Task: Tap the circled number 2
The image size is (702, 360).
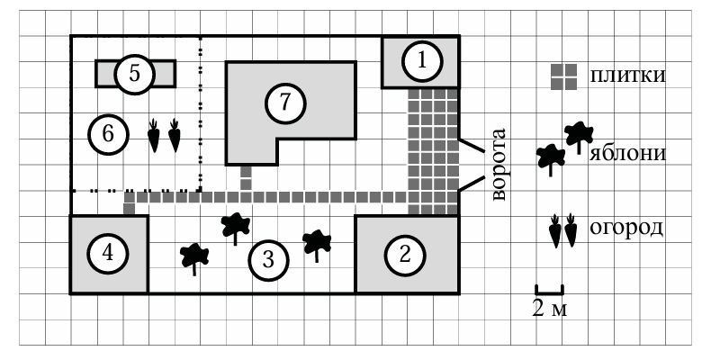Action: pyautogui.click(x=403, y=255)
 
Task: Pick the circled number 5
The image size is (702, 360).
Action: pyautogui.click(x=134, y=74)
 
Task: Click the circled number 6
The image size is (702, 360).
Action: pyautogui.click(x=107, y=135)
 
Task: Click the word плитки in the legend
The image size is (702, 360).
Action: pyautogui.click(x=627, y=75)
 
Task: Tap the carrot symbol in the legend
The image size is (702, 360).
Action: pyautogui.click(x=563, y=230)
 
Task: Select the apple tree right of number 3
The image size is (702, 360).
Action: pyautogui.click(x=317, y=244)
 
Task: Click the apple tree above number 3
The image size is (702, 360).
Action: pyautogui.click(x=236, y=227)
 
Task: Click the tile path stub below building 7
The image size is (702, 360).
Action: pyautogui.click(x=246, y=177)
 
